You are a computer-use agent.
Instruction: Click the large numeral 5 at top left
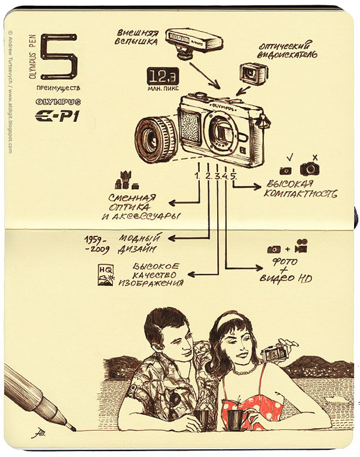(60, 56)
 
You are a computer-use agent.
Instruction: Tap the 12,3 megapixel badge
(163, 76)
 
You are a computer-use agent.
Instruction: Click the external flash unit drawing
(193, 44)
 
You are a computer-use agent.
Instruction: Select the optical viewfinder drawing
(253, 73)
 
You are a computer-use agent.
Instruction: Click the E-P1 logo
(57, 117)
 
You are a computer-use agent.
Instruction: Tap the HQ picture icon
(106, 275)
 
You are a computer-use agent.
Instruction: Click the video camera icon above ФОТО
(301, 246)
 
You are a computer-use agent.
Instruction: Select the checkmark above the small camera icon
(289, 158)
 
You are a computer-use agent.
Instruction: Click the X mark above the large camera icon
(315, 158)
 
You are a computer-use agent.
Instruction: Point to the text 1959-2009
(97, 244)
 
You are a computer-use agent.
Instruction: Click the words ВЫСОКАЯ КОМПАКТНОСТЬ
(300, 189)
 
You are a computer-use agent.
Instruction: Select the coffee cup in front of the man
(201, 420)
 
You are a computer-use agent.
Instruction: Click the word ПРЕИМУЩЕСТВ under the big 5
(58, 88)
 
